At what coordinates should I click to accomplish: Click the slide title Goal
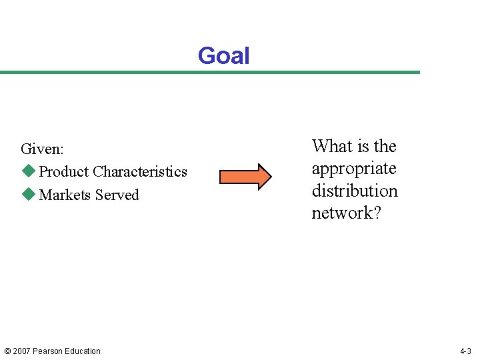223,56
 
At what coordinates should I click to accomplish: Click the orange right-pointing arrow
245,176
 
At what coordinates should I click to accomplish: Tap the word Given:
42,149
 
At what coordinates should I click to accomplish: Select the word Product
64,171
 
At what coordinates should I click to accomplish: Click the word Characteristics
140,171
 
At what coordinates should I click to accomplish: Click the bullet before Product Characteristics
27,171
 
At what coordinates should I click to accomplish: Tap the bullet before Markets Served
27,195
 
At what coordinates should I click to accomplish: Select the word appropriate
353,169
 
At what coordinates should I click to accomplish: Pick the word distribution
354,191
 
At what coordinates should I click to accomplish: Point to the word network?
346,213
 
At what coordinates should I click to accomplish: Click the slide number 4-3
465,351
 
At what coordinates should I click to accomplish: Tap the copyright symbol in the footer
7,351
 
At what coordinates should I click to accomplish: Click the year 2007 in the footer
21,351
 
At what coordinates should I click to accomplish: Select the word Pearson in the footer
48,351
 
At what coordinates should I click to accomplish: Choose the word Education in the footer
83,351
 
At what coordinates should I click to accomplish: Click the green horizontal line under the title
210,72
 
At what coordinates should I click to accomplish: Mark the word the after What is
385,146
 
